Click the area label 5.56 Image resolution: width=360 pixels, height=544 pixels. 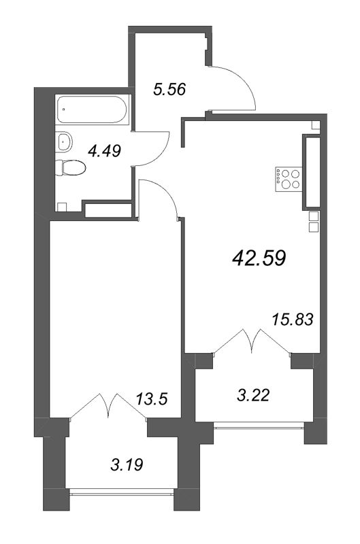tap(169, 89)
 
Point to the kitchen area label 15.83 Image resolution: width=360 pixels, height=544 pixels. tap(291, 319)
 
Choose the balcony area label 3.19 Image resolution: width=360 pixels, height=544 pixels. tap(127, 466)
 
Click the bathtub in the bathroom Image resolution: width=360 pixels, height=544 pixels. tap(92, 107)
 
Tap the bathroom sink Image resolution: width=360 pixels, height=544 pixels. tap(65, 142)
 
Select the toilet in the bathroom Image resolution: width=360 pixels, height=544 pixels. tap(70, 167)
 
